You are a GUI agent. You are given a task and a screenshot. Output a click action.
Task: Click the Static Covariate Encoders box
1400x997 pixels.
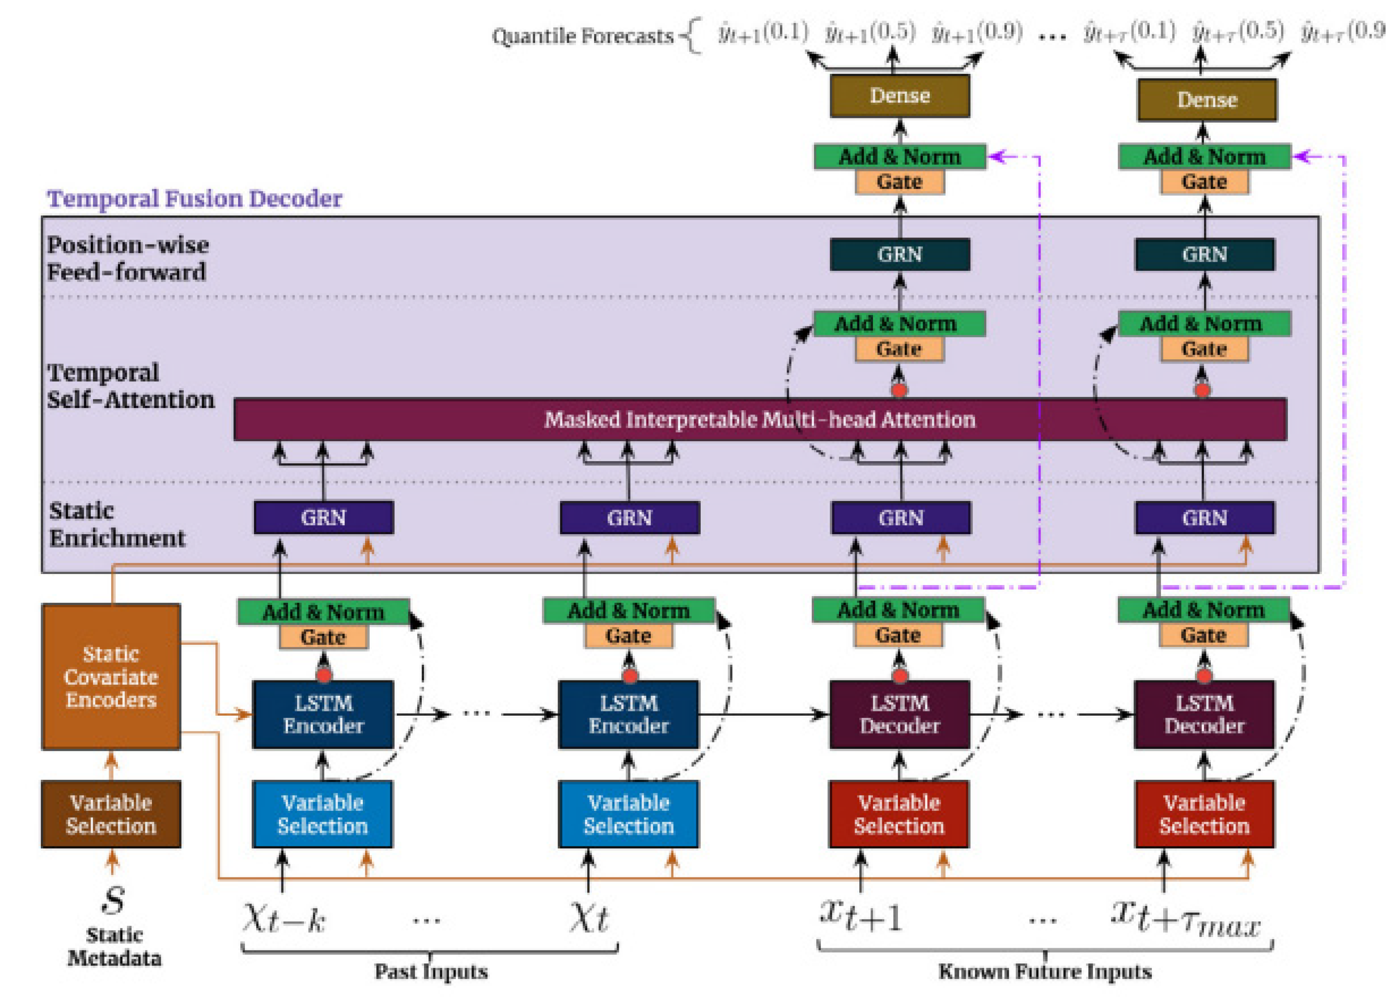click(x=111, y=677)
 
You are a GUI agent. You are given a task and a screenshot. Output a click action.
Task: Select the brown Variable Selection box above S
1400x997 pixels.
click(x=111, y=814)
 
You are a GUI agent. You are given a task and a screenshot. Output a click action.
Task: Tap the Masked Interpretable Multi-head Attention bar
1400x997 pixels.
click(x=760, y=419)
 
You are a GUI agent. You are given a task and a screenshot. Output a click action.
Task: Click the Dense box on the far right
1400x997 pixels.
click(x=1206, y=99)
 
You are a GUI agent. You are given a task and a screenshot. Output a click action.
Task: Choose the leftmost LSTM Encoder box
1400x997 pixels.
click(x=323, y=714)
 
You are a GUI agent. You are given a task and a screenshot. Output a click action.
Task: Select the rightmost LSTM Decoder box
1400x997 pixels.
click(x=1204, y=714)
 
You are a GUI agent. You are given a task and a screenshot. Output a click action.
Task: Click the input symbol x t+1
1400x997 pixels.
click(x=861, y=915)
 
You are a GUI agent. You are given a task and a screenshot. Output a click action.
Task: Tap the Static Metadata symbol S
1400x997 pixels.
click(x=114, y=899)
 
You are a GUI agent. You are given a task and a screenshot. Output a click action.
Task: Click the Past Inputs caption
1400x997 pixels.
click(x=431, y=971)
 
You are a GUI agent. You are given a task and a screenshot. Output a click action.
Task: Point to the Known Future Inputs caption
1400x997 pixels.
click(x=1045, y=971)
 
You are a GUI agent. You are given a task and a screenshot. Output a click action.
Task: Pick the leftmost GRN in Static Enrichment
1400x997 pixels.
click(x=324, y=518)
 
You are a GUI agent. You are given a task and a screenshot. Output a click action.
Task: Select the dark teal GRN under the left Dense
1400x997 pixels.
click(x=900, y=254)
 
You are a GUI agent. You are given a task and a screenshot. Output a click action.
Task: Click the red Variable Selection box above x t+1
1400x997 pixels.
click(x=898, y=814)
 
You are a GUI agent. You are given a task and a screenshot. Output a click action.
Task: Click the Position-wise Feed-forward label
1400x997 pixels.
click(x=128, y=258)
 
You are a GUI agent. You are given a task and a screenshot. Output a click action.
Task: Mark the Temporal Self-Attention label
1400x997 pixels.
click(x=130, y=386)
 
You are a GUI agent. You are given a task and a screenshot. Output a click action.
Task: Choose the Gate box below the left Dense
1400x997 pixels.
click(x=900, y=182)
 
